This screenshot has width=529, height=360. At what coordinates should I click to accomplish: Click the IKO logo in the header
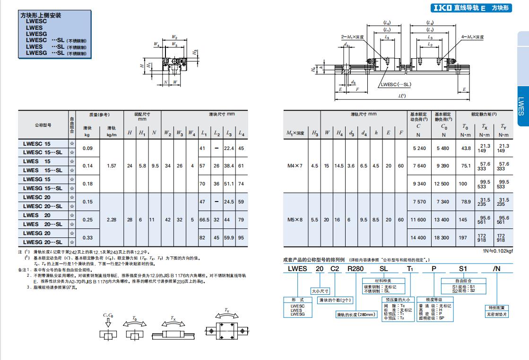click(x=442, y=8)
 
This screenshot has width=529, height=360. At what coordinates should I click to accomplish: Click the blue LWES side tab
click(x=520, y=107)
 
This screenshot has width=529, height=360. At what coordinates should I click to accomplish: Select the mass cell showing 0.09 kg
click(x=87, y=148)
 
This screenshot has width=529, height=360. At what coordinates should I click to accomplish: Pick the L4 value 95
click(x=241, y=237)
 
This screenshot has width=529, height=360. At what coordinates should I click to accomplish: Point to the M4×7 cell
click(x=295, y=166)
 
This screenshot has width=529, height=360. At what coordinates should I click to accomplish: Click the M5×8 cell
click(x=295, y=220)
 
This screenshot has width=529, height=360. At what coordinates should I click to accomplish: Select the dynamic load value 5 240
click(x=419, y=148)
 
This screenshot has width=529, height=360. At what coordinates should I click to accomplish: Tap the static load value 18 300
click(x=444, y=237)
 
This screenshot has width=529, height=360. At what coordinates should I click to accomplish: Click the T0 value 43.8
click(x=466, y=148)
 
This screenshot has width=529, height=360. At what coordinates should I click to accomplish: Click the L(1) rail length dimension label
click(x=402, y=96)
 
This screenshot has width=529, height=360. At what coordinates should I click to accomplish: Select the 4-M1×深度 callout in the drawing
click(x=473, y=36)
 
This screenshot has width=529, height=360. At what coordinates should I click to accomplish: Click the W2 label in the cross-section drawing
click(x=174, y=37)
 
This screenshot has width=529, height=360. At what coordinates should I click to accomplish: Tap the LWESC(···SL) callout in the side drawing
click(x=395, y=84)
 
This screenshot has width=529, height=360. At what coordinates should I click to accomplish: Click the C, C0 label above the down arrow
click(x=108, y=315)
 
